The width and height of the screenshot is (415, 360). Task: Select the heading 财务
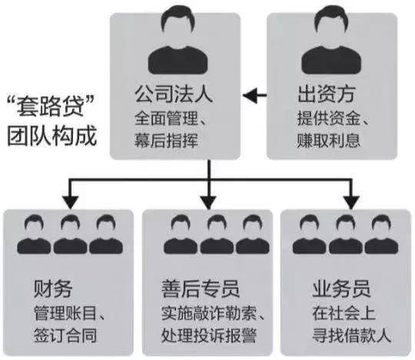point(53,290)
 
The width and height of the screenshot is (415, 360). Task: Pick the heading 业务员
point(342,290)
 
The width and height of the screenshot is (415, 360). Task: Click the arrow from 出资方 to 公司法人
point(255,97)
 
